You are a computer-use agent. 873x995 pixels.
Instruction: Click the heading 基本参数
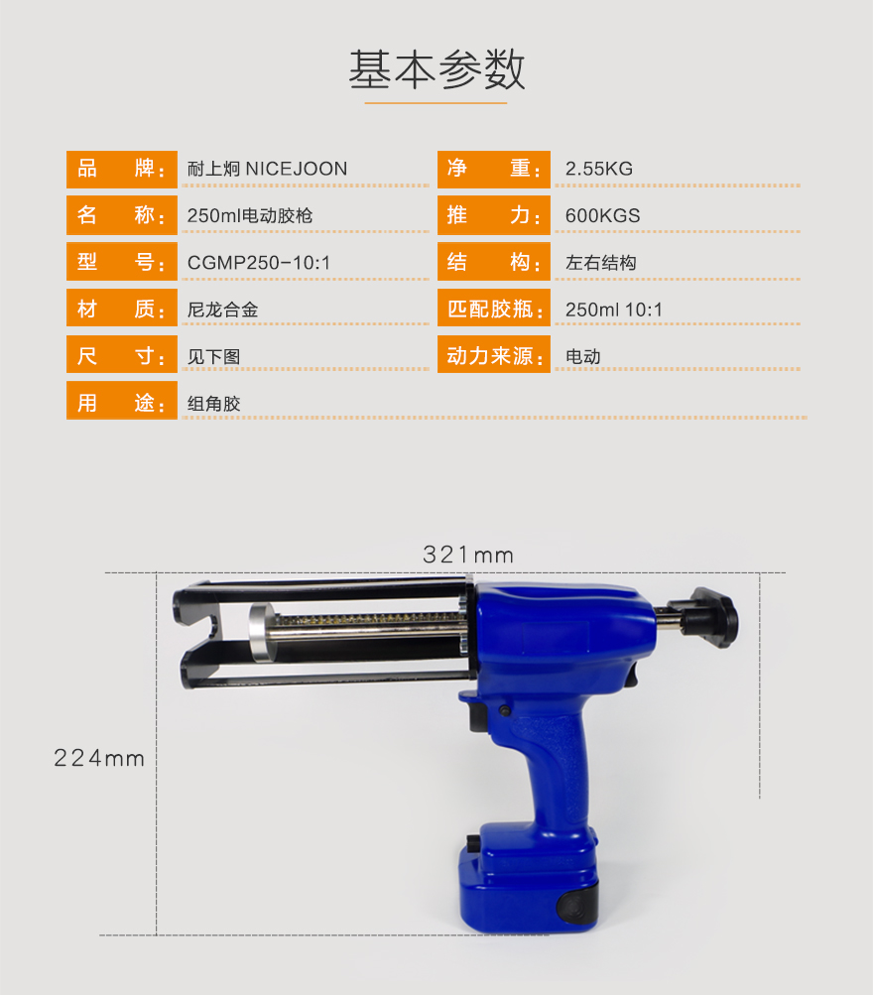436,69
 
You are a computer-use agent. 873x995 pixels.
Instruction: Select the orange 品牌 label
122,170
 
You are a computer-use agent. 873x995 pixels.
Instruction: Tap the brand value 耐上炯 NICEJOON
267,169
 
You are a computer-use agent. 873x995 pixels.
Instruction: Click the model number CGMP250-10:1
259,263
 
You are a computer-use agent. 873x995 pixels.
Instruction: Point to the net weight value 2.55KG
599,169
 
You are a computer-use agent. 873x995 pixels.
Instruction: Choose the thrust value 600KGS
603,215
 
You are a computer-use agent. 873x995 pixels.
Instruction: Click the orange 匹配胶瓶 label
494,310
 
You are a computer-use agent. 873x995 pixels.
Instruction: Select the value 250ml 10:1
613,310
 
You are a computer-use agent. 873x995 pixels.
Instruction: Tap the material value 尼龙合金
222,310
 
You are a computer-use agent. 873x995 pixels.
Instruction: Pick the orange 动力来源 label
494,355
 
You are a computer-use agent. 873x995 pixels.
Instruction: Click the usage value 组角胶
214,404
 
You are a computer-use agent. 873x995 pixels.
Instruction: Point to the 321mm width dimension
468,556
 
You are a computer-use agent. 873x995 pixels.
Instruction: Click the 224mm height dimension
99,758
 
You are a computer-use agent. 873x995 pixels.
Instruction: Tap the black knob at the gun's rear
713,617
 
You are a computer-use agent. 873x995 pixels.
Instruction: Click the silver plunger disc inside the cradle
263,633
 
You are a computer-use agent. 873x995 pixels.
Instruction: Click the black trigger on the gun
479,714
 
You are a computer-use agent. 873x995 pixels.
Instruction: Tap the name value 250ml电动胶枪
250,215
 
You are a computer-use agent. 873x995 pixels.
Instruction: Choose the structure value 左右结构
601,263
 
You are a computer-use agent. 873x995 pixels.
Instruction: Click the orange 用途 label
122,401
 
